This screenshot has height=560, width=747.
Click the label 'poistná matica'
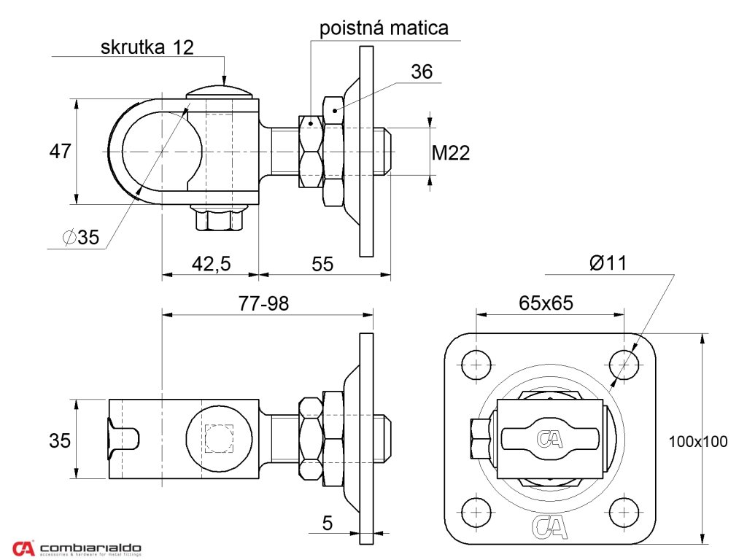click(x=384, y=28)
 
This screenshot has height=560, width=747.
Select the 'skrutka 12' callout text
click(x=147, y=48)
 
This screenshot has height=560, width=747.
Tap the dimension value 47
click(x=60, y=152)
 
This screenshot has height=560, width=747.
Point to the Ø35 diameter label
click(x=80, y=237)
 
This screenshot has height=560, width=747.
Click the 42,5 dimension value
click(x=211, y=263)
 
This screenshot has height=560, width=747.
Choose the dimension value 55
click(x=322, y=263)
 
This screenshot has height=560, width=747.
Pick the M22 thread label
click(x=451, y=153)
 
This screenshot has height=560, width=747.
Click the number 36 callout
click(x=422, y=71)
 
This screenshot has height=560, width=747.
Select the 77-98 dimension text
click(x=263, y=303)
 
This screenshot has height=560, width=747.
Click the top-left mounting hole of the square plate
click(x=478, y=364)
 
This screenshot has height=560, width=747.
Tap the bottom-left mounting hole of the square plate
click(x=478, y=510)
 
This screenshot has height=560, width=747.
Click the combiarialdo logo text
click(x=90, y=548)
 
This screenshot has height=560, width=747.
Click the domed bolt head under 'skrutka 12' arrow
click(x=219, y=92)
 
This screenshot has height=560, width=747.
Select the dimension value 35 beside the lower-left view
click(x=60, y=440)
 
